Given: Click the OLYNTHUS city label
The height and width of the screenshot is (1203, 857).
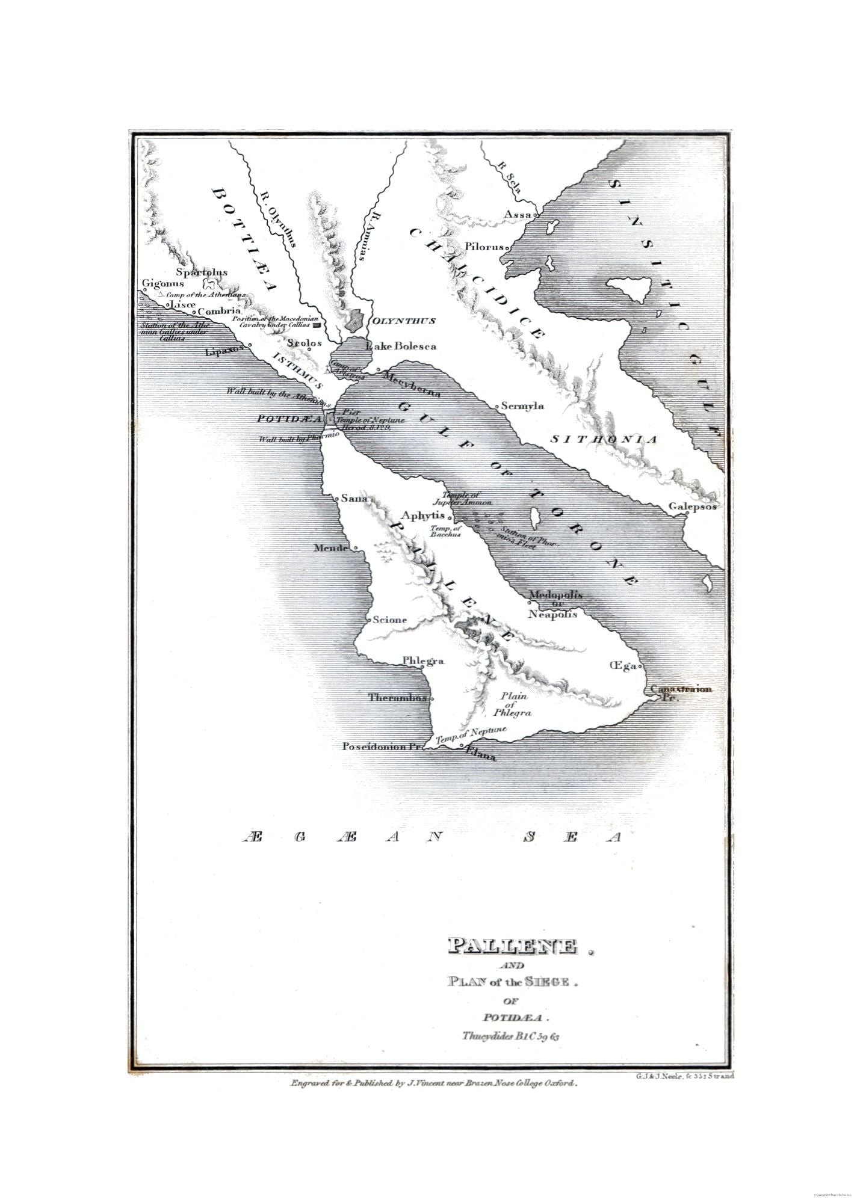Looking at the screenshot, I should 404,321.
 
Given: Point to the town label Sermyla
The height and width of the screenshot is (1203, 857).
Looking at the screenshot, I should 523,406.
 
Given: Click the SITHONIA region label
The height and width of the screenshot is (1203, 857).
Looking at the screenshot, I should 604,440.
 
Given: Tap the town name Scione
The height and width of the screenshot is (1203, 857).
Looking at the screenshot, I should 390,620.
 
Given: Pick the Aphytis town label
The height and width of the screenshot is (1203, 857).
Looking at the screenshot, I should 422,515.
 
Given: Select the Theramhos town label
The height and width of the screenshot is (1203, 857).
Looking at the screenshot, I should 398,698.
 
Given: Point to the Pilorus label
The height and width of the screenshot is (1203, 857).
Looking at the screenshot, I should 484,247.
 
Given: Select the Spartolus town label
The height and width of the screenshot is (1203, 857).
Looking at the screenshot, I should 202,272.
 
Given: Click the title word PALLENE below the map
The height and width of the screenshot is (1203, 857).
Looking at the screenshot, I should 512,947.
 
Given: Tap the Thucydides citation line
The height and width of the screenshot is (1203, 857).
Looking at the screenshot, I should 512,1036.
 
